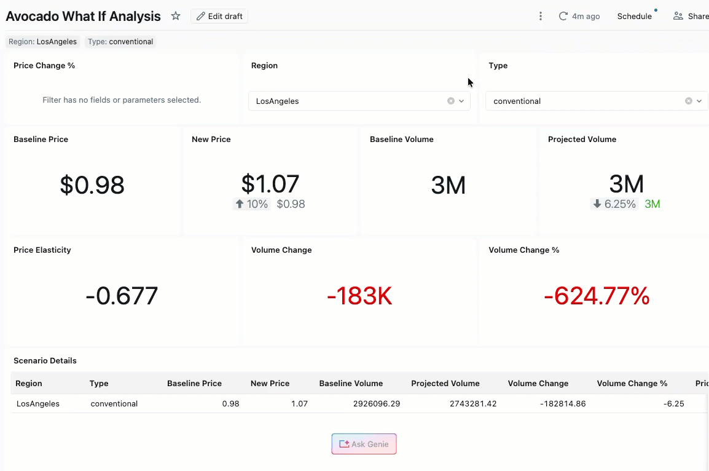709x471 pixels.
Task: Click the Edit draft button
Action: tap(219, 16)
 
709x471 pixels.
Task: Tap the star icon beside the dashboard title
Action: tap(176, 16)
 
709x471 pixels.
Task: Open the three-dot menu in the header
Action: tap(541, 16)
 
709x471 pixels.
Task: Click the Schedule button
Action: tap(634, 16)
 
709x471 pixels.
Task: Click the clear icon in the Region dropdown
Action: tap(451, 101)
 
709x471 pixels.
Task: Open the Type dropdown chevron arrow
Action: tap(699, 101)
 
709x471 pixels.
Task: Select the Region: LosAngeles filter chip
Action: tap(42, 42)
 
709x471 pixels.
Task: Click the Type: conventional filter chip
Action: tap(120, 42)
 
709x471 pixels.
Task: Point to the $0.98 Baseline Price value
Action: tap(92, 185)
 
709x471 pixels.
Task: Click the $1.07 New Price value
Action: tap(270, 183)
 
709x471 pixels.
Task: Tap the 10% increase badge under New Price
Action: tap(252, 204)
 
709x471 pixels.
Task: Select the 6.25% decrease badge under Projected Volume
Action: tap(614, 204)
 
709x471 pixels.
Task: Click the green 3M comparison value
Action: tap(652, 204)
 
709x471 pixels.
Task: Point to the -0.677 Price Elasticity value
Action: tap(122, 296)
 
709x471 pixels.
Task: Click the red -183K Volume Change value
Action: tap(359, 296)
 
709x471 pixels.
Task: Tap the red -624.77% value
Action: tap(597, 296)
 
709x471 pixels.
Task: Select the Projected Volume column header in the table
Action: tap(445, 383)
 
